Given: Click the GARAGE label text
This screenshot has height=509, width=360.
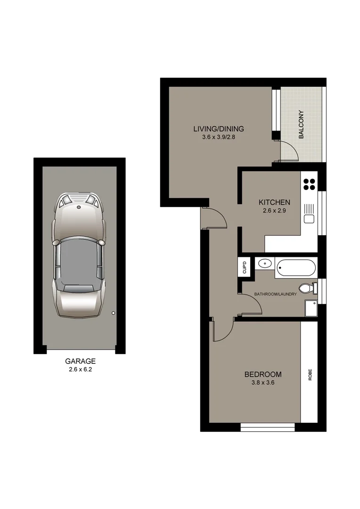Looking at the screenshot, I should click(80, 361).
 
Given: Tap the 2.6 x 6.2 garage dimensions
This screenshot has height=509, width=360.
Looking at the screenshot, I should click(80, 369).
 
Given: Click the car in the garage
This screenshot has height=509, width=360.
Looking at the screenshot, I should click(79, 254).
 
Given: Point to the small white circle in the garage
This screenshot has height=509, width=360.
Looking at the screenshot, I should click(113, 313).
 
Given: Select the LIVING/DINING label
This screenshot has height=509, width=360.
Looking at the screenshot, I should click(218, 129).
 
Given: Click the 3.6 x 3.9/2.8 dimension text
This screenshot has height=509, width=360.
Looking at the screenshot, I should click(218, 138).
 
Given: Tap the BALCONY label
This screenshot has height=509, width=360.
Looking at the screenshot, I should click(301, 124).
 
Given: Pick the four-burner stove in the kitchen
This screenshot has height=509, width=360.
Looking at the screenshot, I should click(309, 183).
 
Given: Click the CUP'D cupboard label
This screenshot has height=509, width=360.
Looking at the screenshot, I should click(245, 268).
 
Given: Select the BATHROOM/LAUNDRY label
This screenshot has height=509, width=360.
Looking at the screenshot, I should click(276, 295).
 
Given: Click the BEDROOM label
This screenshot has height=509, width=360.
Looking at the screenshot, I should click(262, 375).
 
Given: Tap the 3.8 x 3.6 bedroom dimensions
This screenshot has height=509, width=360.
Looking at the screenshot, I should click(262, 383).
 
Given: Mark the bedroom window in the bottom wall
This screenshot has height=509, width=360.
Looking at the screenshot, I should click(268, 427).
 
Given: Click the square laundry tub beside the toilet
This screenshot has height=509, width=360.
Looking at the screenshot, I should click(311, 308).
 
